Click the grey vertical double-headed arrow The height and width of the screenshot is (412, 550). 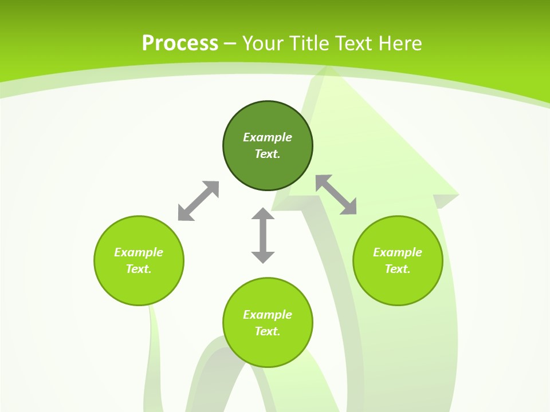point(263,235)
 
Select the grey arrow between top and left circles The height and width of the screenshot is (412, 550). point(198,201)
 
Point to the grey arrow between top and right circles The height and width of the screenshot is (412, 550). point(336,195)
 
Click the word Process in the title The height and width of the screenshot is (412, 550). point(180,43)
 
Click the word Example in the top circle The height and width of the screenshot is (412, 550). point(268,137)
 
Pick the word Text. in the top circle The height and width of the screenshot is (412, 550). point(268,154)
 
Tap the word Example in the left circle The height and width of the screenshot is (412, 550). point(139,252)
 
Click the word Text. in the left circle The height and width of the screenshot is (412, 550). point(139,269)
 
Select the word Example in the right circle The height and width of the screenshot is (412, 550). point(398,252)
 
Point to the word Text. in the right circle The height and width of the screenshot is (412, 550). point(398,269)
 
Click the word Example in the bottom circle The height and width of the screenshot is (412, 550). point(268,315)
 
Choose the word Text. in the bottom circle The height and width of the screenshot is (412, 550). point(268,331)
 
